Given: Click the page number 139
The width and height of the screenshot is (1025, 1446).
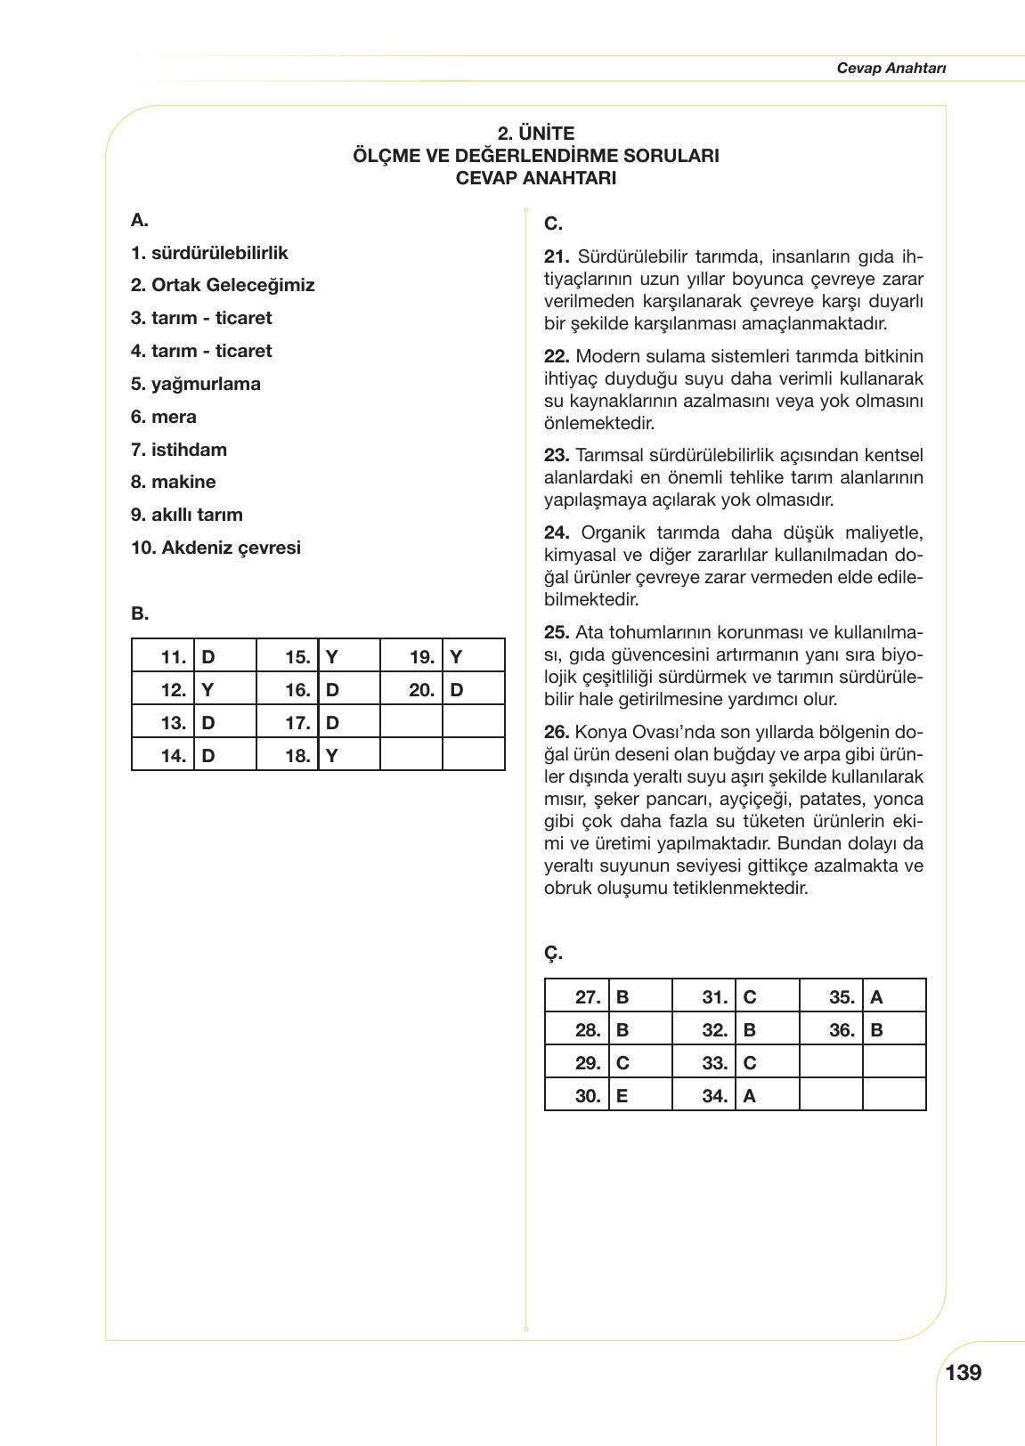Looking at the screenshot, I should [963, 1372].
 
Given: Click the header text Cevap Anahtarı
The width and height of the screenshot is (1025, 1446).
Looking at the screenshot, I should [891, 69].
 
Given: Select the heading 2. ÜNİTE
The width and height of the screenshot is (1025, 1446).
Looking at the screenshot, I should [535, 134].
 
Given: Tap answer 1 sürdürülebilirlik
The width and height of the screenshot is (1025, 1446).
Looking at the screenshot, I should [209, 253].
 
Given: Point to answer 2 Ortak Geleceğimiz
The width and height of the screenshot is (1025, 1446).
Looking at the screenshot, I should [223, 285].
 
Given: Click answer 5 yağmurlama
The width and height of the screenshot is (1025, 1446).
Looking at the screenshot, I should [196, 384].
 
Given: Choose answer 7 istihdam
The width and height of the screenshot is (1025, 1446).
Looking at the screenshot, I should [179, 450].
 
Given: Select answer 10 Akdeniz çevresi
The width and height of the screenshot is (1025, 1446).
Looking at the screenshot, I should [216, 548].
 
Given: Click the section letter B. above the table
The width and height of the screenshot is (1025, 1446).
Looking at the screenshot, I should [140, 613].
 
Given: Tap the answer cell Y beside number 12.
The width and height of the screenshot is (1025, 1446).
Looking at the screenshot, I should [207, 690].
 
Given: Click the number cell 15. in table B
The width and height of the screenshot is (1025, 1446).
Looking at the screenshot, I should [297, 658].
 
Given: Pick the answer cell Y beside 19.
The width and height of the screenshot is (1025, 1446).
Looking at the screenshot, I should [456, 658].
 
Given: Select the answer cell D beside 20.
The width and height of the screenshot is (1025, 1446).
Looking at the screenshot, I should [457, 690].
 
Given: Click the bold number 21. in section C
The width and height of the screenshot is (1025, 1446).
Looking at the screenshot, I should [557, 256].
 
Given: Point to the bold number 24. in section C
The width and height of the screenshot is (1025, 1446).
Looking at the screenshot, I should [557, 532].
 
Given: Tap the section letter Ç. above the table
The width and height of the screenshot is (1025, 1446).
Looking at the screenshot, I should [553, 953].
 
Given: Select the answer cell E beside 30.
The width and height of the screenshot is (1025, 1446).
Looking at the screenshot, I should [622, 1096].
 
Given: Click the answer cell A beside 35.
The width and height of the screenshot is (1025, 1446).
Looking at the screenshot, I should [876, 997].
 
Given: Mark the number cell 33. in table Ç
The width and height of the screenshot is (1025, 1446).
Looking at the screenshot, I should [714, 1063].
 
